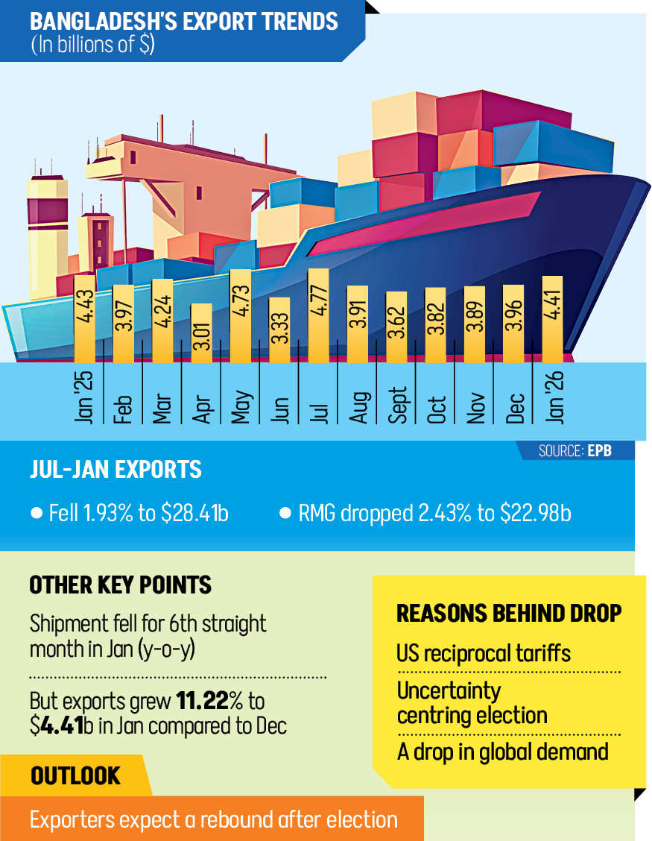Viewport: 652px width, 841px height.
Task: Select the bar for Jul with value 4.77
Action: tap(318, 316)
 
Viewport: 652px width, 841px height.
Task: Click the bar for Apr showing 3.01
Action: tap(201, 333)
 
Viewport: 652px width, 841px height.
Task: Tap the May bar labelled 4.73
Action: tap(240, 316)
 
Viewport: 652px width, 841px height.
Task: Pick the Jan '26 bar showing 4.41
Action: tap(552, 320)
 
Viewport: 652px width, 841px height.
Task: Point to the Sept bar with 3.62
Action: tap(396, 327)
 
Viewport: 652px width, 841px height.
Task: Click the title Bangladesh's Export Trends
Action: tap(184, 20)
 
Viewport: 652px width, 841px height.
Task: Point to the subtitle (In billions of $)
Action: tap(92, 44)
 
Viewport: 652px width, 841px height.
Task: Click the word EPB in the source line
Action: tap(599, 451)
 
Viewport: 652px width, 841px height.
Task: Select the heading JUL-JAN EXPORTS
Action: tap(115, 470)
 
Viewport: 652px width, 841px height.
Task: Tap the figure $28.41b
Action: tap(195, 514)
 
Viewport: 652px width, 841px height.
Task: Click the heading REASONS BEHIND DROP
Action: tap(509, 614)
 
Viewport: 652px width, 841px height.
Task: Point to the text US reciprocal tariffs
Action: tap(484, 654)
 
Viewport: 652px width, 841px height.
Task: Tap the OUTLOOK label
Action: tap(75, 776)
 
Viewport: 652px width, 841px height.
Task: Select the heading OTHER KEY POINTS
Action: tap(120, 585)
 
